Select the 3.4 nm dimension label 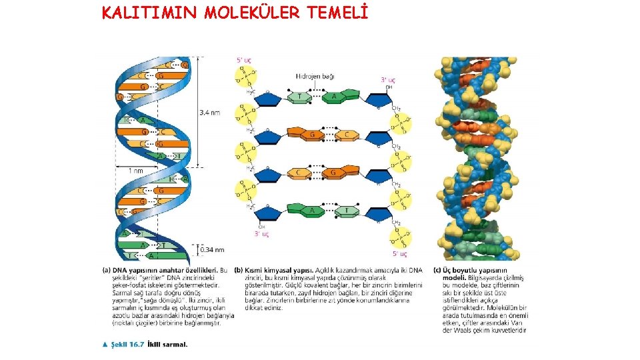tap(209, 113)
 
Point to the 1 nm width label tap(135, 171)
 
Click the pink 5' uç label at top tap(244, 60)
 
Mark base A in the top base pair tap(333, 97)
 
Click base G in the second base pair tap(312, 135)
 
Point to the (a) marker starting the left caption tap(106, 270)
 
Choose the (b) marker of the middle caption tap(239, 270)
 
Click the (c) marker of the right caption tap(437, 270)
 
